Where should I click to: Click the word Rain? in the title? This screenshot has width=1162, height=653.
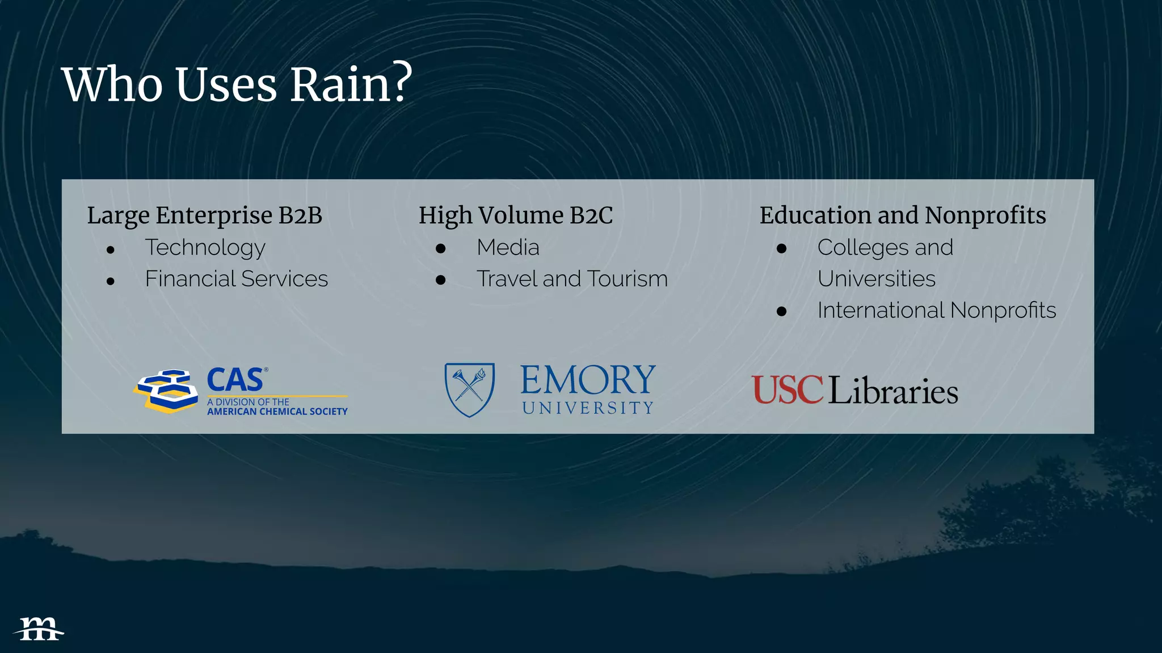point(351,85)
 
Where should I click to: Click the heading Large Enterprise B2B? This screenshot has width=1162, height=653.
point(204,215)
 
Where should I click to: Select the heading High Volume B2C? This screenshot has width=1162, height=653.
point(515,215)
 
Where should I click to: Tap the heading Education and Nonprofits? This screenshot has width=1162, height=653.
point(902,215)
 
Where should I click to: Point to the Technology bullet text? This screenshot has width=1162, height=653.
point(205,248)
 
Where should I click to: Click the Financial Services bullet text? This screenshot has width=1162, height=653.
point(236,279)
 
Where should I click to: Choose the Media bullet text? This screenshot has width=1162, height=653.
point(508,248)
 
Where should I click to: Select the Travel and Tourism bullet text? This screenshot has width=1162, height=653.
point(572,279)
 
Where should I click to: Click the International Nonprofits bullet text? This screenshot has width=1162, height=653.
point(936,311)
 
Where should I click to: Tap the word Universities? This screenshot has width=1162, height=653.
point(876,279)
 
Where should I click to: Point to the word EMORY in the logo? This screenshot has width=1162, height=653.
point(588,380)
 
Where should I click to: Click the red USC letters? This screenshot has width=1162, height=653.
point(787,390)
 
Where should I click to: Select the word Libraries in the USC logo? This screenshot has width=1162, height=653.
point(893,391)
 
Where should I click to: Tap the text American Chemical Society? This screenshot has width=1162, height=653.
point(277,412)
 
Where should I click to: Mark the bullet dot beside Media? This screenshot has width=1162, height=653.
point(441,248)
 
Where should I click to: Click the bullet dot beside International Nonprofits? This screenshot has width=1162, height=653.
point(781,311)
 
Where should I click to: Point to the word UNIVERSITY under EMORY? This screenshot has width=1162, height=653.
point(588,408)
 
